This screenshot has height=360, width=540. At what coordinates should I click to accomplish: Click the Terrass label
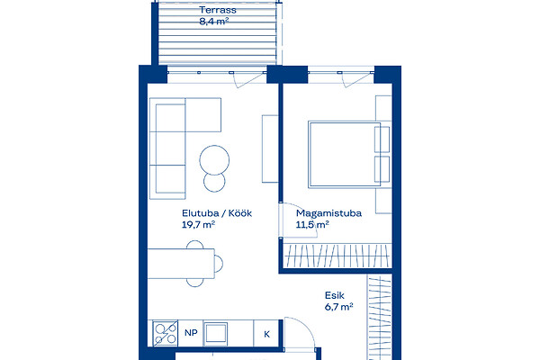[x=218, y=10]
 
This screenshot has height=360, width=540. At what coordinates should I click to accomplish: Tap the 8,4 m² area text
[x=214, y=22]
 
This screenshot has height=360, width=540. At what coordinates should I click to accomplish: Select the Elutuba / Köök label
[x=217, y=213]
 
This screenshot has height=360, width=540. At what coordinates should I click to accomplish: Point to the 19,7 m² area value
[x=198, y=225]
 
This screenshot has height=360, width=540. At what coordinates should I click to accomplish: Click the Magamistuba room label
[x=328, y=213]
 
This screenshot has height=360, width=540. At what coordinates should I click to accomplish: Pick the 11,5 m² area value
[x=312, y=225]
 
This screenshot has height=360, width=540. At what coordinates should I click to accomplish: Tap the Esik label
[x=335, y=295]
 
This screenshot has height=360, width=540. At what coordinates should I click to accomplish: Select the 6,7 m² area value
[x=339, y=307]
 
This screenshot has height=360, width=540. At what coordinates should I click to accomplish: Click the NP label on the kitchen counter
[x=191, y=333]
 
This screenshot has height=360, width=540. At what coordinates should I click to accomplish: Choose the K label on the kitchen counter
[x=267, y=334]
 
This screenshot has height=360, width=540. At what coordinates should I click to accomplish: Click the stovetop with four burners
[x=166, y=334]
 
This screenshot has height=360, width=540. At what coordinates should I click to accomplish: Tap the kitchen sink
[x=216, y=333]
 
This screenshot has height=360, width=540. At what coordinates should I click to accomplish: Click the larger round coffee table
[x=214, y=160]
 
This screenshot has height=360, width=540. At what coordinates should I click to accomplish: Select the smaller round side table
[x=214, y=182]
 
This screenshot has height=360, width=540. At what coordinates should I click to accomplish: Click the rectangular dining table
[x=181, y=263]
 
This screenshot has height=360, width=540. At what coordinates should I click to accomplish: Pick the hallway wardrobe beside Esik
[x=380, y=318]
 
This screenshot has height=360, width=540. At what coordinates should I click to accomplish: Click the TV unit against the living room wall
[x=270, y=148]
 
